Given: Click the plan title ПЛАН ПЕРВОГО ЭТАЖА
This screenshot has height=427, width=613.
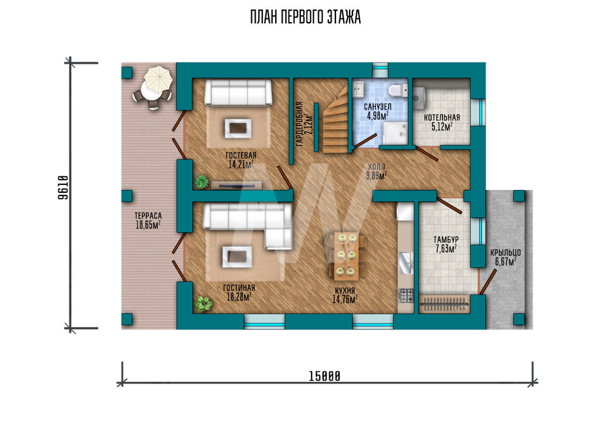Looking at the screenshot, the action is point(305,18).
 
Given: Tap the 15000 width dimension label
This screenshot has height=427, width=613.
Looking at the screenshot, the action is point(324,376).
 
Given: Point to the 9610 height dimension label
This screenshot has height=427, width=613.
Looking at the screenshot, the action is point(63,187).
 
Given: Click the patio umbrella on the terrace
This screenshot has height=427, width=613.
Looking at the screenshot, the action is point(158,79).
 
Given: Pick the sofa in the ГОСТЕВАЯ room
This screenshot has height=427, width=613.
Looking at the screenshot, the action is point(238,93).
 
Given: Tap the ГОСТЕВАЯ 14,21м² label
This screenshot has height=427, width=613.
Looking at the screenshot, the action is point(241,160).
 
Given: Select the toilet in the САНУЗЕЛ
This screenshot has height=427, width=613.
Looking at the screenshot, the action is point(398,90).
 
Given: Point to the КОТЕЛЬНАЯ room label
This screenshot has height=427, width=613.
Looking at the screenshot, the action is point(442,121).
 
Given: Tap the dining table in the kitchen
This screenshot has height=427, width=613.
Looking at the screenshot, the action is point(346,255).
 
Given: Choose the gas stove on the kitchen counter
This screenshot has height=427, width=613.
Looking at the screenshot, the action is point(406,295).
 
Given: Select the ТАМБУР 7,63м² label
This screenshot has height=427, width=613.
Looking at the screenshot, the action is point(446,244).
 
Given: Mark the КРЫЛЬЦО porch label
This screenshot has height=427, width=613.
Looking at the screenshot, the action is point(506,257).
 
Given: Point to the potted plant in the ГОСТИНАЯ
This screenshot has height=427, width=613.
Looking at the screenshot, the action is point(204,303).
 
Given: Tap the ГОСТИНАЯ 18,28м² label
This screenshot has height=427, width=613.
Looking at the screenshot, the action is point(239,293).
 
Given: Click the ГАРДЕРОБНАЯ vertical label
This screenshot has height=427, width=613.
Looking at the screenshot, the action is point(305,124).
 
